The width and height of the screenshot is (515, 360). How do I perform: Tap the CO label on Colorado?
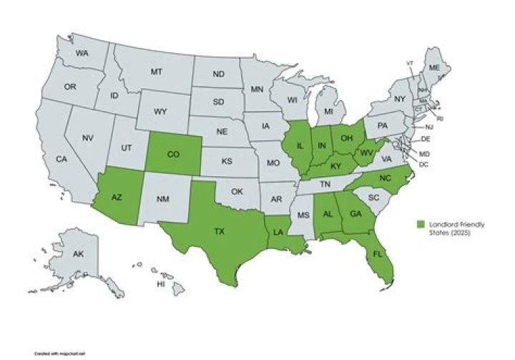(174, 153)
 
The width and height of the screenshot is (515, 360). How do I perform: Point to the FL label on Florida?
(374, 253)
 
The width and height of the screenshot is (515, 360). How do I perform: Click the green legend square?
(422, 225)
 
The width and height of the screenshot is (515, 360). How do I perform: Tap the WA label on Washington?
(82, 54)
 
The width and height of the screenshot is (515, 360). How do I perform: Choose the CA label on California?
(62, 159)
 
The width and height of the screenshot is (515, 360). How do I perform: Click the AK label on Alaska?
(78, 253)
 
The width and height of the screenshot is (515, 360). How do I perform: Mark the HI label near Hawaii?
(162, 284)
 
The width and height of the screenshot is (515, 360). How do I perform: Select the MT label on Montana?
(157, 72)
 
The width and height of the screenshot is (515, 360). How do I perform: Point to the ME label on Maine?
(433, 67)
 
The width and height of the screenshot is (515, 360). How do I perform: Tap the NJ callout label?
(438, 126)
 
